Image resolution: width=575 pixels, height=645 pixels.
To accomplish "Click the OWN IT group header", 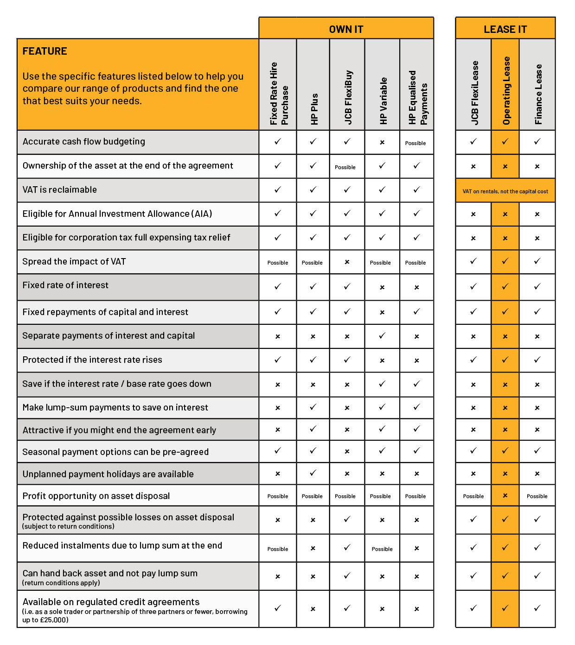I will click(346, 29).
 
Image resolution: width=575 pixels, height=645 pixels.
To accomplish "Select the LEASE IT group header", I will click(505, 29).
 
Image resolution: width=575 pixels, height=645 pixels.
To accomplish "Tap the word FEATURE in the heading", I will click(45, 51).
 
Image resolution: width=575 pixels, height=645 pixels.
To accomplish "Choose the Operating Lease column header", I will click(506, 91).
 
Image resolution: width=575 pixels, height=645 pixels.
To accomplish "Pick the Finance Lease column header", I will click(538, 94).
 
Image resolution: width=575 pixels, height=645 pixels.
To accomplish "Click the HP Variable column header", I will click(383, 101).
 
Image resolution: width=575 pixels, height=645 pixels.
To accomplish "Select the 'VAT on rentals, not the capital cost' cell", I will click(505, 191).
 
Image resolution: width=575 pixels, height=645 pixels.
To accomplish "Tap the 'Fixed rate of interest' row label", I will click(65, 285).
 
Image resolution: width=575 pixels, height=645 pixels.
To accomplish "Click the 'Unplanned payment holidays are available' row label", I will click(108, 474).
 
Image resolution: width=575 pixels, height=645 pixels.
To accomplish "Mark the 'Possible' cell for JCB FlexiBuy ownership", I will click(345, 167).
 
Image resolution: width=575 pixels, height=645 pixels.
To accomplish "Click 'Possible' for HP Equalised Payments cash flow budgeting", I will click(415, 143).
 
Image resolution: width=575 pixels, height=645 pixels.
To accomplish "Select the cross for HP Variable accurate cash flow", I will click(382, 143).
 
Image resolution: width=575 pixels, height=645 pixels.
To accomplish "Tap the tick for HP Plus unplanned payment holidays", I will click(313, 473).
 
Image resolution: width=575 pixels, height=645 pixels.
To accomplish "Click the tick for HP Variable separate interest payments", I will click(382, 336).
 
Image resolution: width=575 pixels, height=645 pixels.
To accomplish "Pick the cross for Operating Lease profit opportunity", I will click(505, 496).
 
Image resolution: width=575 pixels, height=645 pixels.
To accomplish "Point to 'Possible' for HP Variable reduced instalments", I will click(382, 549).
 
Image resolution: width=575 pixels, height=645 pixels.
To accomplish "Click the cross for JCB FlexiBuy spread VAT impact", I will click(347, 262).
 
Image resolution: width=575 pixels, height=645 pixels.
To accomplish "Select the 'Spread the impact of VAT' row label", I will click(74, 262).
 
